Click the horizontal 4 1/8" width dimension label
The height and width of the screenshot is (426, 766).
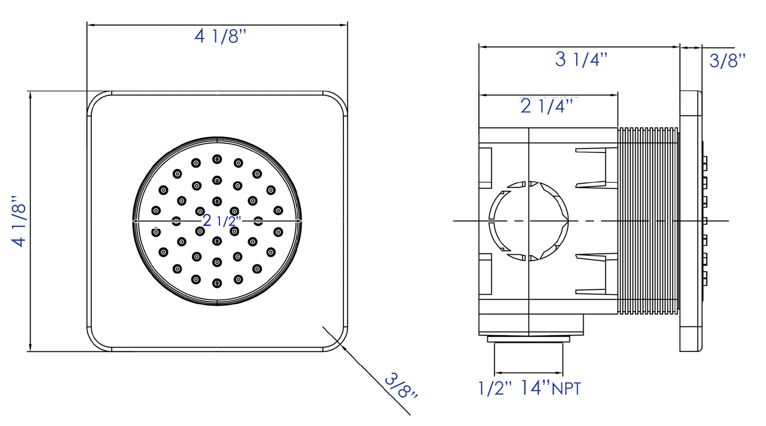[221, 37]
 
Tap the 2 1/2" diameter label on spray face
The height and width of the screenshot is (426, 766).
[222, 220]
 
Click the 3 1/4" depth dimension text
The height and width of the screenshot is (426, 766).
[580, 60]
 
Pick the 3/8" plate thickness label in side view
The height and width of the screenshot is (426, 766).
[727, 60]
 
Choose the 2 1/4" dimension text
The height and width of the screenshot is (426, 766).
[547, 106]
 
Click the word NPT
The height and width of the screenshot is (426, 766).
[566, 389]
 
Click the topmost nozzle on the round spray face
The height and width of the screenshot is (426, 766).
[217, 159]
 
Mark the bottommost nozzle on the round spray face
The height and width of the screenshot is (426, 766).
[217, 283]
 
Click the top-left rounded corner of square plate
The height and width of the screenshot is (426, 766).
[98, 102]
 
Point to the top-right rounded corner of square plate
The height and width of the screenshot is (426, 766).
[337, 102]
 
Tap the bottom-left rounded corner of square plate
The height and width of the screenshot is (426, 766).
[98, 340]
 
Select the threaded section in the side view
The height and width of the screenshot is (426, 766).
[648, 220]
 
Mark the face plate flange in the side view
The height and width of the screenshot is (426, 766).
[691, 220]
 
